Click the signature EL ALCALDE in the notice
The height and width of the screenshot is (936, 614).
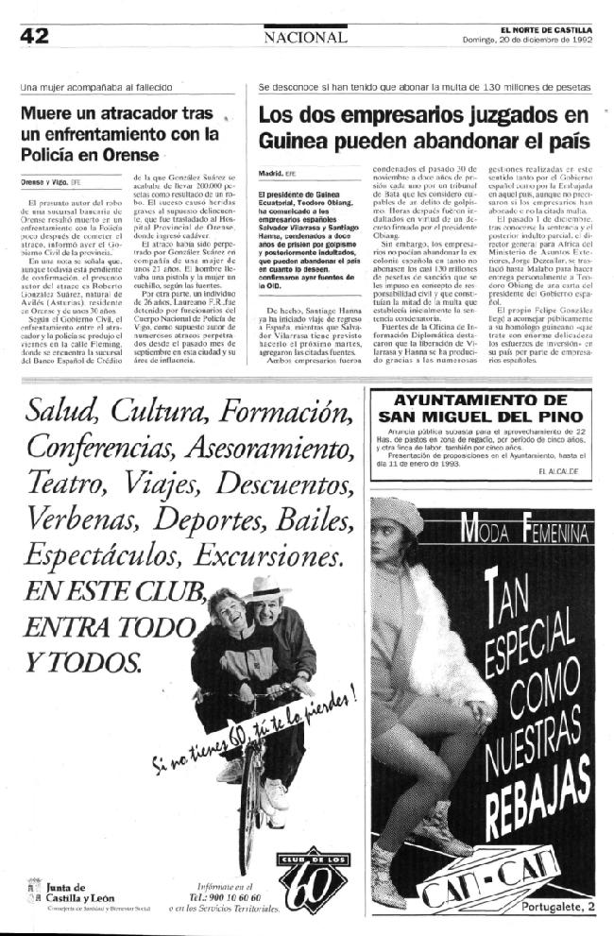coord(559,469)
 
